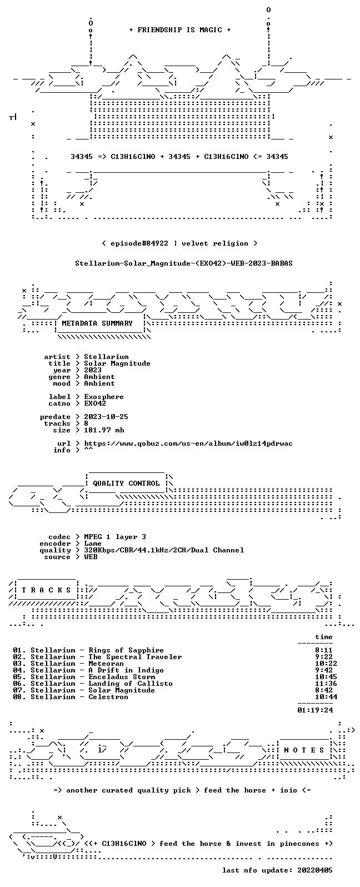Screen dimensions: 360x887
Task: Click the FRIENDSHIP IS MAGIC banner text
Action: [x=180, y=30]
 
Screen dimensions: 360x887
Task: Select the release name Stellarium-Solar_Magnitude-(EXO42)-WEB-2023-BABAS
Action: [x=184, y=263]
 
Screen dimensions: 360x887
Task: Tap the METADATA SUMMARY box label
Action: [x=97, y=323]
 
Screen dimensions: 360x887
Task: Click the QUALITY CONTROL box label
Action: [x=126, y=484]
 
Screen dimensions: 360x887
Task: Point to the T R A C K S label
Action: [x=46, y=590]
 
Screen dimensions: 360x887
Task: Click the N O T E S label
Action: [x=304, y=750]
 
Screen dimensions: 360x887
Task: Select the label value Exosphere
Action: [x=104, y=397]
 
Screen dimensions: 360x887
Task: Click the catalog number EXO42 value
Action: [x=95, y=403]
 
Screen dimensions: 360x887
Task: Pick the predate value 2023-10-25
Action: [x=106, y=417]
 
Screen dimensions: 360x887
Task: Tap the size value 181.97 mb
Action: [x=104, y=430]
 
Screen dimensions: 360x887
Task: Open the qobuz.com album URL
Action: [x=188, y=443]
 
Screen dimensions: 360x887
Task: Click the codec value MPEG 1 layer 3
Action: [x=115, y=537]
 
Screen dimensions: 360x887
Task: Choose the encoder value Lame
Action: [x=93, y=544]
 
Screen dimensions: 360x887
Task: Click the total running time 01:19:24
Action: [x=315, y=710]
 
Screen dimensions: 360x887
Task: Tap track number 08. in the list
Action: [x=19, y=697]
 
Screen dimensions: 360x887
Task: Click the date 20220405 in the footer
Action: [x=315, y=870]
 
